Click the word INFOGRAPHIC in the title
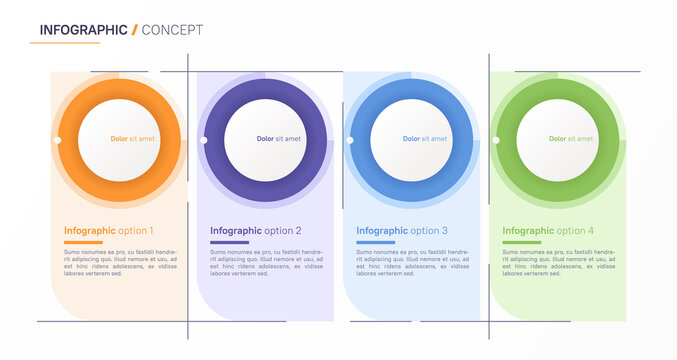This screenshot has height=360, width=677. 83,29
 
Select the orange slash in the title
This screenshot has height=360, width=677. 135,29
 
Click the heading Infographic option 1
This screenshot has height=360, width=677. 108,230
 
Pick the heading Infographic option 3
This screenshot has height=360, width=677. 401,230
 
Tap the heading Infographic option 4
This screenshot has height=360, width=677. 547,230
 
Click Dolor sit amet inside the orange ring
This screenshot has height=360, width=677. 133,139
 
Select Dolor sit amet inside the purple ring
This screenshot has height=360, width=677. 279,139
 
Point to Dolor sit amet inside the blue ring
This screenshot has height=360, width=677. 425,139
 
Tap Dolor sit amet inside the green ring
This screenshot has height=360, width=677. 571,139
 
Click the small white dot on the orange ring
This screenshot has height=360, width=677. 58,140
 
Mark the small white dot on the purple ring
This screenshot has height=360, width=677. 204,140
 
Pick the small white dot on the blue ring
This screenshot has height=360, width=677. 350,140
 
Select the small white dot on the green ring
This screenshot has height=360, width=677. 496,140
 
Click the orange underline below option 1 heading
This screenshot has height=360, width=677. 83,242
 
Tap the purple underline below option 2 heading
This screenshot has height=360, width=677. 229,242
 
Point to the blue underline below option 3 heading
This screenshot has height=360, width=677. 375,242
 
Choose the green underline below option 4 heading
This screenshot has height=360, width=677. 521,242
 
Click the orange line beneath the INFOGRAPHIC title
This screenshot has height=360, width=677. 65,43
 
